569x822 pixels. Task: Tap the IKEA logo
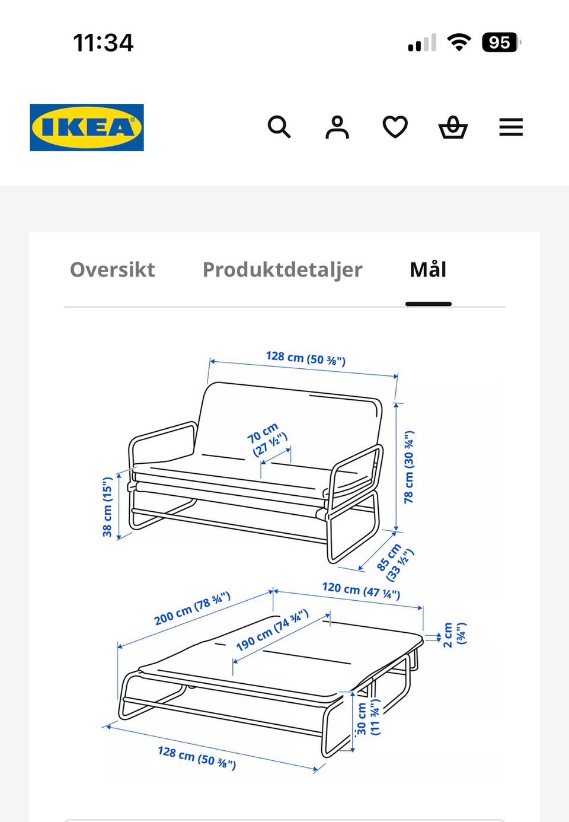coord(87,128)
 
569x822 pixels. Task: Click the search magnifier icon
coord(279,127)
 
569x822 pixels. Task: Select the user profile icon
coord(337,128)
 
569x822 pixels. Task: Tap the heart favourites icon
coord(395,127)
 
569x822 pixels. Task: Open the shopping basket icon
coord(453,127)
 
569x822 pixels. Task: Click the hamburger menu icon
coord(511,127)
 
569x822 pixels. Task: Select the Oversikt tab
coord(113,270)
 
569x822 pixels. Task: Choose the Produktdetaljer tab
coord(283,270)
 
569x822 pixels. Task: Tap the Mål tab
coord(428,269)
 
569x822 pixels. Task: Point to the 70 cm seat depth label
coord(267,439)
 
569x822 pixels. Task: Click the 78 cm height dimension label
coord(409,467)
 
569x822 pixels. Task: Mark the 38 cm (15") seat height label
coord(107,507)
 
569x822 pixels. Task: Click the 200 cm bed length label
coord(192,608)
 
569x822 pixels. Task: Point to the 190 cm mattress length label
coord(272,630)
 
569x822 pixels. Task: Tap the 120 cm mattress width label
coord(361,591)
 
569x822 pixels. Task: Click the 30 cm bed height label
coord(368,719)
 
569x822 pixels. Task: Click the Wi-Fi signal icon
coord(459,42)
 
